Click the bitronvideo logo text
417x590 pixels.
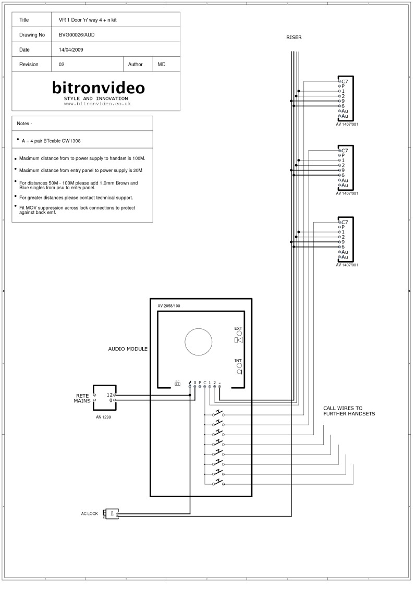(x=99, y=87)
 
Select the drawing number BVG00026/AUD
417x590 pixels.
(x=77, y=35)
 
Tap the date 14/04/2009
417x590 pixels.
(x=71, y=50)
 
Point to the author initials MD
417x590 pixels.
(x=162, y=65)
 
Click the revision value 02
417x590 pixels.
(x=62, y=65)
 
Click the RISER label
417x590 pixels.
(x=294, y=38)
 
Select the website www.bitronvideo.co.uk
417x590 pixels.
(x=97, y=104)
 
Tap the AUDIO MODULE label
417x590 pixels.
(x=128, y=349)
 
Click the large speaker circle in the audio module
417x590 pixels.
(x=199, y=342)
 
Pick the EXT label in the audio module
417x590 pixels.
(x=238, y=328)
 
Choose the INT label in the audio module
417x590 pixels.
(x=238, y=361)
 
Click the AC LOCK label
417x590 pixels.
(x=89, y=514)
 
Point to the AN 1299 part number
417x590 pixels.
(x=103, y=417)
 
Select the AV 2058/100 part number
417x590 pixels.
(x=169, y=306)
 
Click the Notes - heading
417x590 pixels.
(x=24, y=124)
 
